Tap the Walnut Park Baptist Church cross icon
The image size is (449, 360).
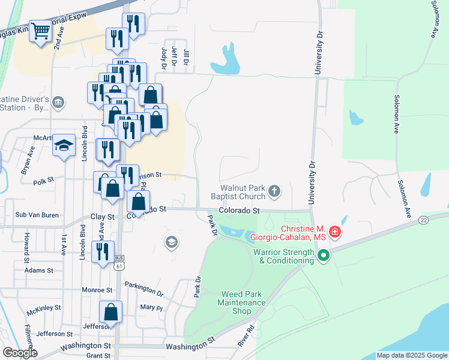click(274, 191)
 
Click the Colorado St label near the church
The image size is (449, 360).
click(239, 211)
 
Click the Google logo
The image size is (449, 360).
click(20, 352)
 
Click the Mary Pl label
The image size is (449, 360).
click(148, 308)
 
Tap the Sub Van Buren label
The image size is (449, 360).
click(37, 214)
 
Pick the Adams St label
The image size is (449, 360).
click(39, 271)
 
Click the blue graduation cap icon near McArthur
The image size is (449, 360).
click(64, 145)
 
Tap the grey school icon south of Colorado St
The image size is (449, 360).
click(171, 242)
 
